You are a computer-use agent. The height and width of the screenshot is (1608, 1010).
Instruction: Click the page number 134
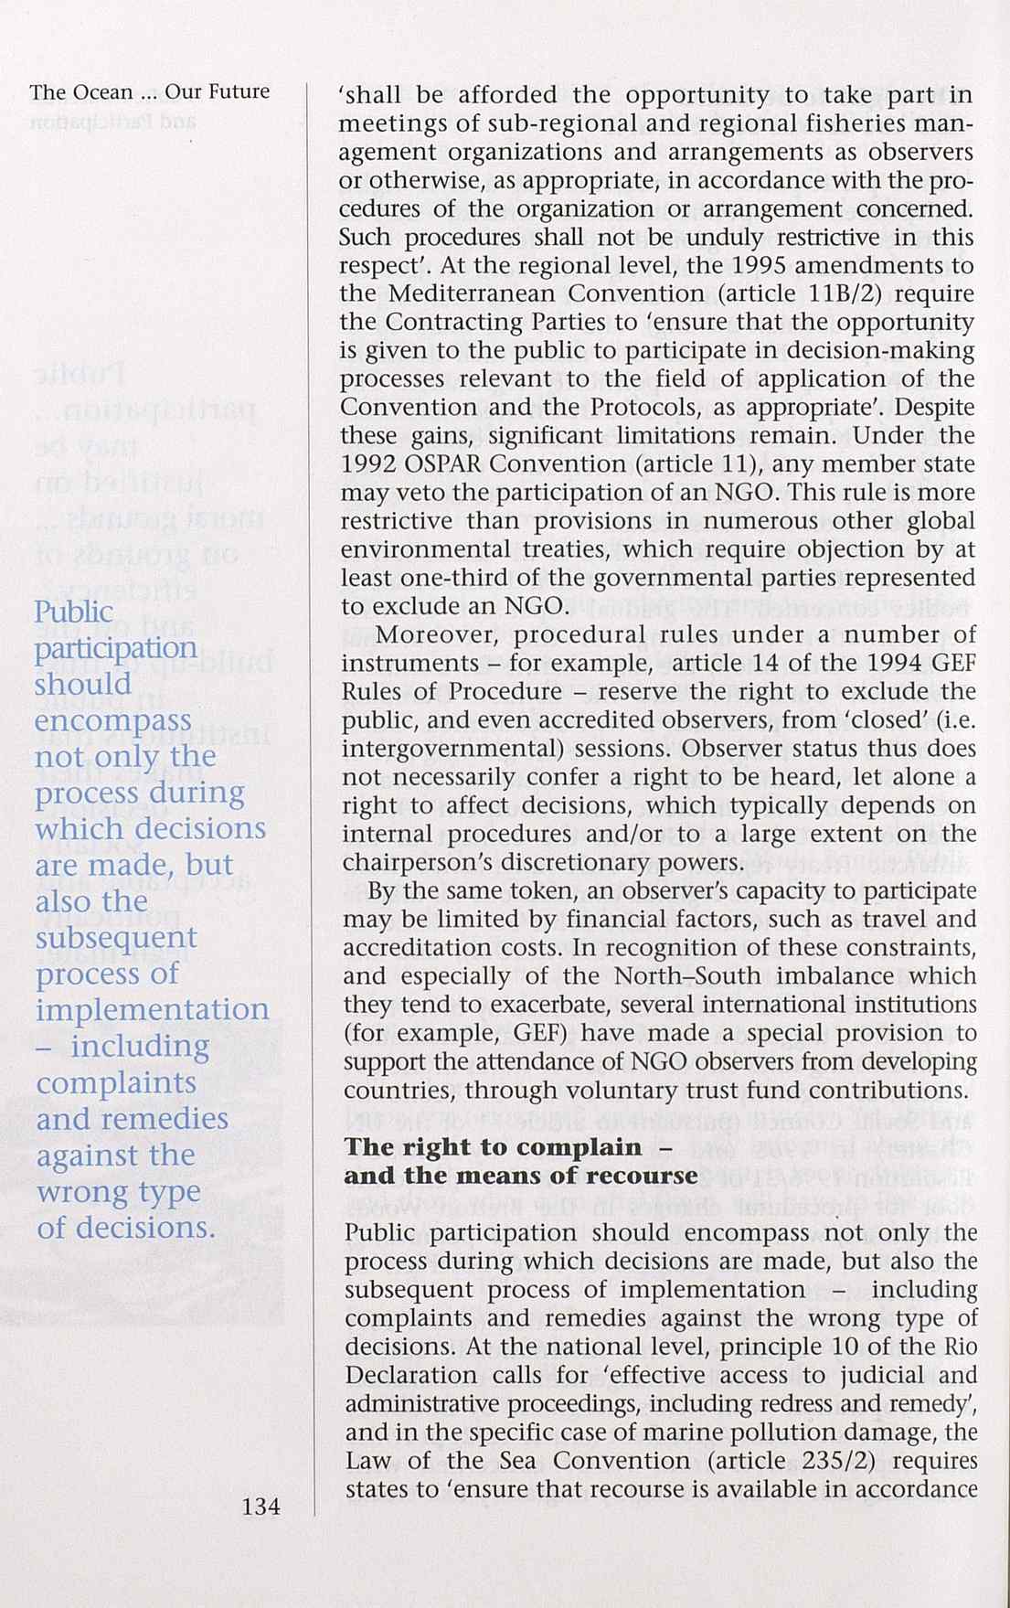coord(260,1507)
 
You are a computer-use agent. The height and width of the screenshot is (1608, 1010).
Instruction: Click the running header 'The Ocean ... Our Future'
coord(150,91)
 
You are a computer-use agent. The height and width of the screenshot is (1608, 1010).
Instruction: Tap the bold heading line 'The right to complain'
coord(494,1147)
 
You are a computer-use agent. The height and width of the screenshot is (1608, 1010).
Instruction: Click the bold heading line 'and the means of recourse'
coord(520,1176)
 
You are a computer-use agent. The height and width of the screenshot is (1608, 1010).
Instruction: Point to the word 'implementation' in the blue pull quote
coord(153,1010)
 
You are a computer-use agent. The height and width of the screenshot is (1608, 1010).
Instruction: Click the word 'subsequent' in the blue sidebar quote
coord(116,938)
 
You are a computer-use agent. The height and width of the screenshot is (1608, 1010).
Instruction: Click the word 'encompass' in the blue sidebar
coord(113,721)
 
